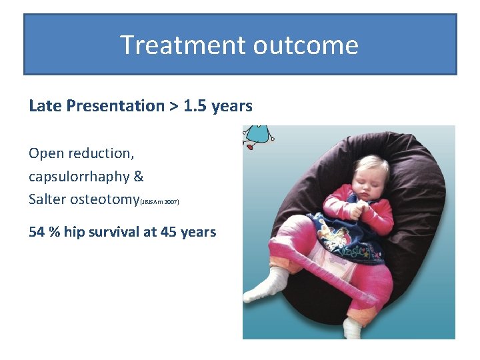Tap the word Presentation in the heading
coord(115,106)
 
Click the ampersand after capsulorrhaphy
coord(138,177)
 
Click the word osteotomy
coord(105,199)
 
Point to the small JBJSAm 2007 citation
coord(159,201)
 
